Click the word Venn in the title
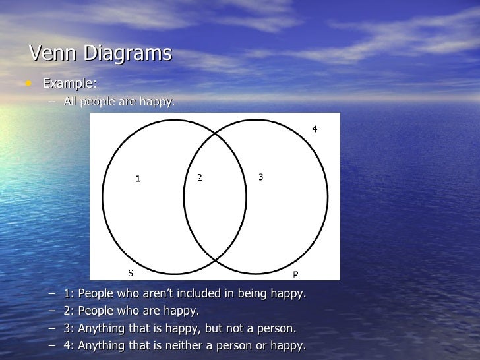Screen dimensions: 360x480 point(53,53)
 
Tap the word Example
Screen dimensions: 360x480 point(69,84)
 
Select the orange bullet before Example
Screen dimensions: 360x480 point(28,84)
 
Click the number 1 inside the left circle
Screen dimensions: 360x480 point(138,178)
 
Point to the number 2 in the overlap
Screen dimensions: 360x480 point(200,177)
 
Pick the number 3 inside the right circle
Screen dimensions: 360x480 point(261,177)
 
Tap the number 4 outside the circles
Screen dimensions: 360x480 point(315,129)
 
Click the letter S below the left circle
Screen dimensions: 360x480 point(129,272)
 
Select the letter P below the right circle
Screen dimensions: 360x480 point(295,274)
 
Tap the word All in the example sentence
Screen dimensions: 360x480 point(71,102)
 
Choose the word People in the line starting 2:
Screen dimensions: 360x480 point(98,311)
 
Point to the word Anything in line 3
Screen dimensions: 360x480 point(101,328)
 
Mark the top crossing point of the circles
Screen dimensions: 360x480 point(215,133)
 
